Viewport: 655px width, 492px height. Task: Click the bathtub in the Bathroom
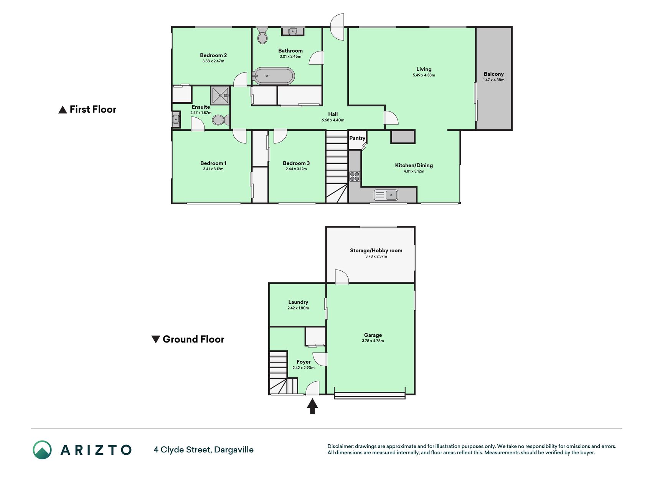coord(274,76)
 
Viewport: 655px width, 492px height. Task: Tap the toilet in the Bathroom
coord(262,35)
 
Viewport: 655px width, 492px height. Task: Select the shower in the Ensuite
coord(220,95)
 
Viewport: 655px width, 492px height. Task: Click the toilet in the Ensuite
coord(221,120)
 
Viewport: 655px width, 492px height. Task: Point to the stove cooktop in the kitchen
coord(355,176)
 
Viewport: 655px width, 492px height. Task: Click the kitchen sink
coord(386,195)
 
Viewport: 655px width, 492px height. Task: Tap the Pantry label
coord(357,138)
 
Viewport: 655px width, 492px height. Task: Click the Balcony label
coord(493,74)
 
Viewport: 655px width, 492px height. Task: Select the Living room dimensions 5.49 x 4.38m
coord(424,75)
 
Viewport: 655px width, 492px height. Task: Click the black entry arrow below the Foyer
coord(312,406)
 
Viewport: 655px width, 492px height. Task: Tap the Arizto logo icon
coord(42,450)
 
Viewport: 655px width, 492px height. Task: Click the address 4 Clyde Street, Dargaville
coord(204,450)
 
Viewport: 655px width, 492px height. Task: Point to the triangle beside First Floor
coord(63,110)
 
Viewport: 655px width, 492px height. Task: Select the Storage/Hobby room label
coord(376,250)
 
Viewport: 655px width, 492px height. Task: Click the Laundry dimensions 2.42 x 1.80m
coord(298,308)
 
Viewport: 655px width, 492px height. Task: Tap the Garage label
coord(373,335)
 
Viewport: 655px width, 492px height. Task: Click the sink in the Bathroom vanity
coord(293,31)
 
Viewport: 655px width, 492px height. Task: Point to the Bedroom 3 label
coord(296,163)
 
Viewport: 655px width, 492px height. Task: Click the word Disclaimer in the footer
coord(340,446)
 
